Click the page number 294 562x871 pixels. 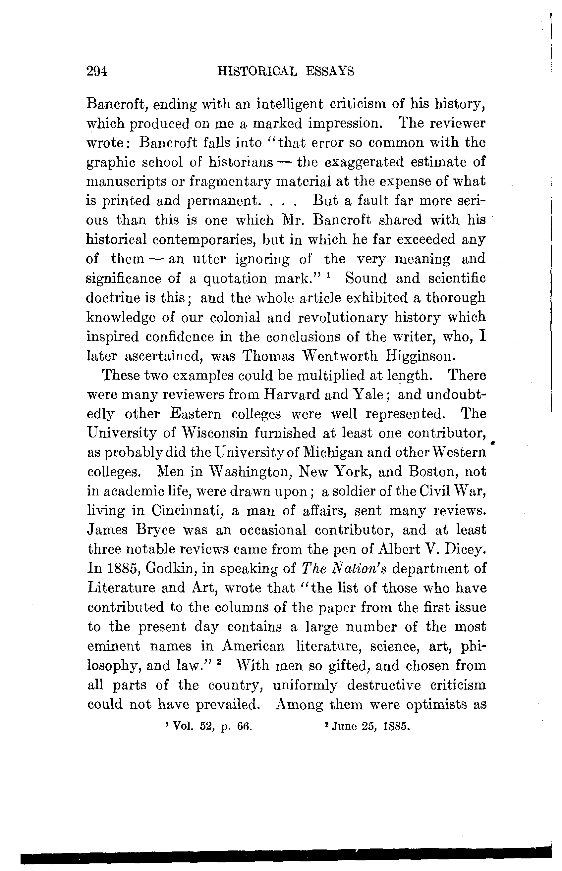click(x=97, y=71)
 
